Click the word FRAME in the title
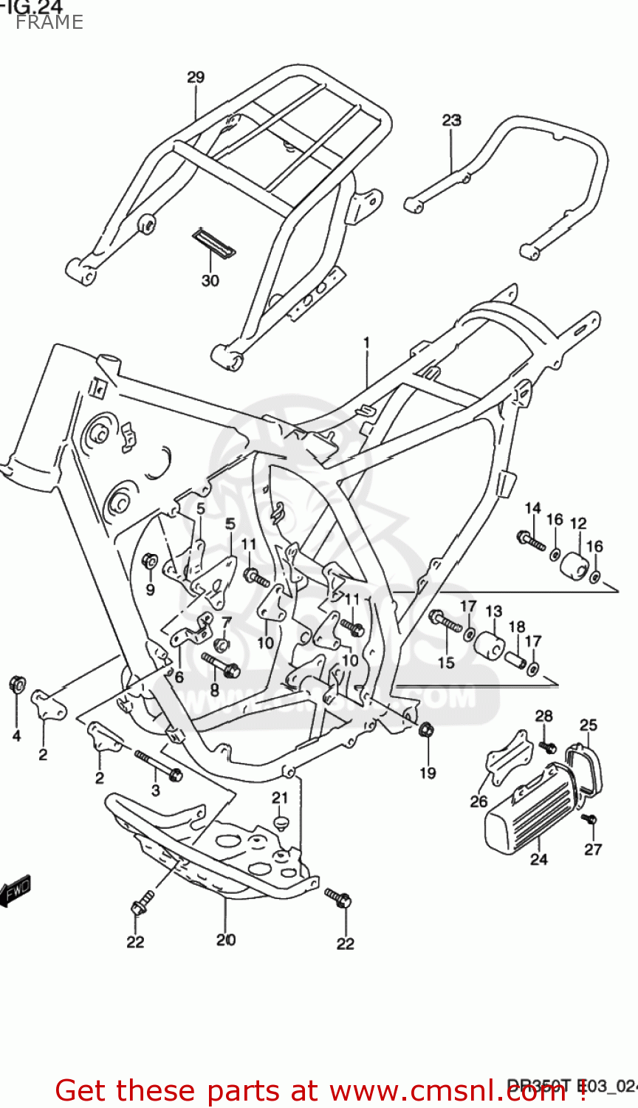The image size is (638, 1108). click(49, 22)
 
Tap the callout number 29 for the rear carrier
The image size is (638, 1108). click(195, 78)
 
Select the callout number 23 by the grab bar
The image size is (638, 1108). click(451, 120)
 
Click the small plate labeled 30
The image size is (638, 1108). click(213, 242)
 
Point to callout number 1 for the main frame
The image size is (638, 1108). click(366, 343)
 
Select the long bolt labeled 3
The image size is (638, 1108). click(158, 765)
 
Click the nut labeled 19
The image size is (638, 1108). click(425, 731)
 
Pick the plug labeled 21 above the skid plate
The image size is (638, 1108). click(279, 822)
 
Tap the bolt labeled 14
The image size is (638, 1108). click(531, 541)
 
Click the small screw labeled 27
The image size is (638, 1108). click(589, 820)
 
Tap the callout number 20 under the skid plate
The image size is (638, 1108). click(226, 940)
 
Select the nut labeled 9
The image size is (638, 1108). click(149, 562)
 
